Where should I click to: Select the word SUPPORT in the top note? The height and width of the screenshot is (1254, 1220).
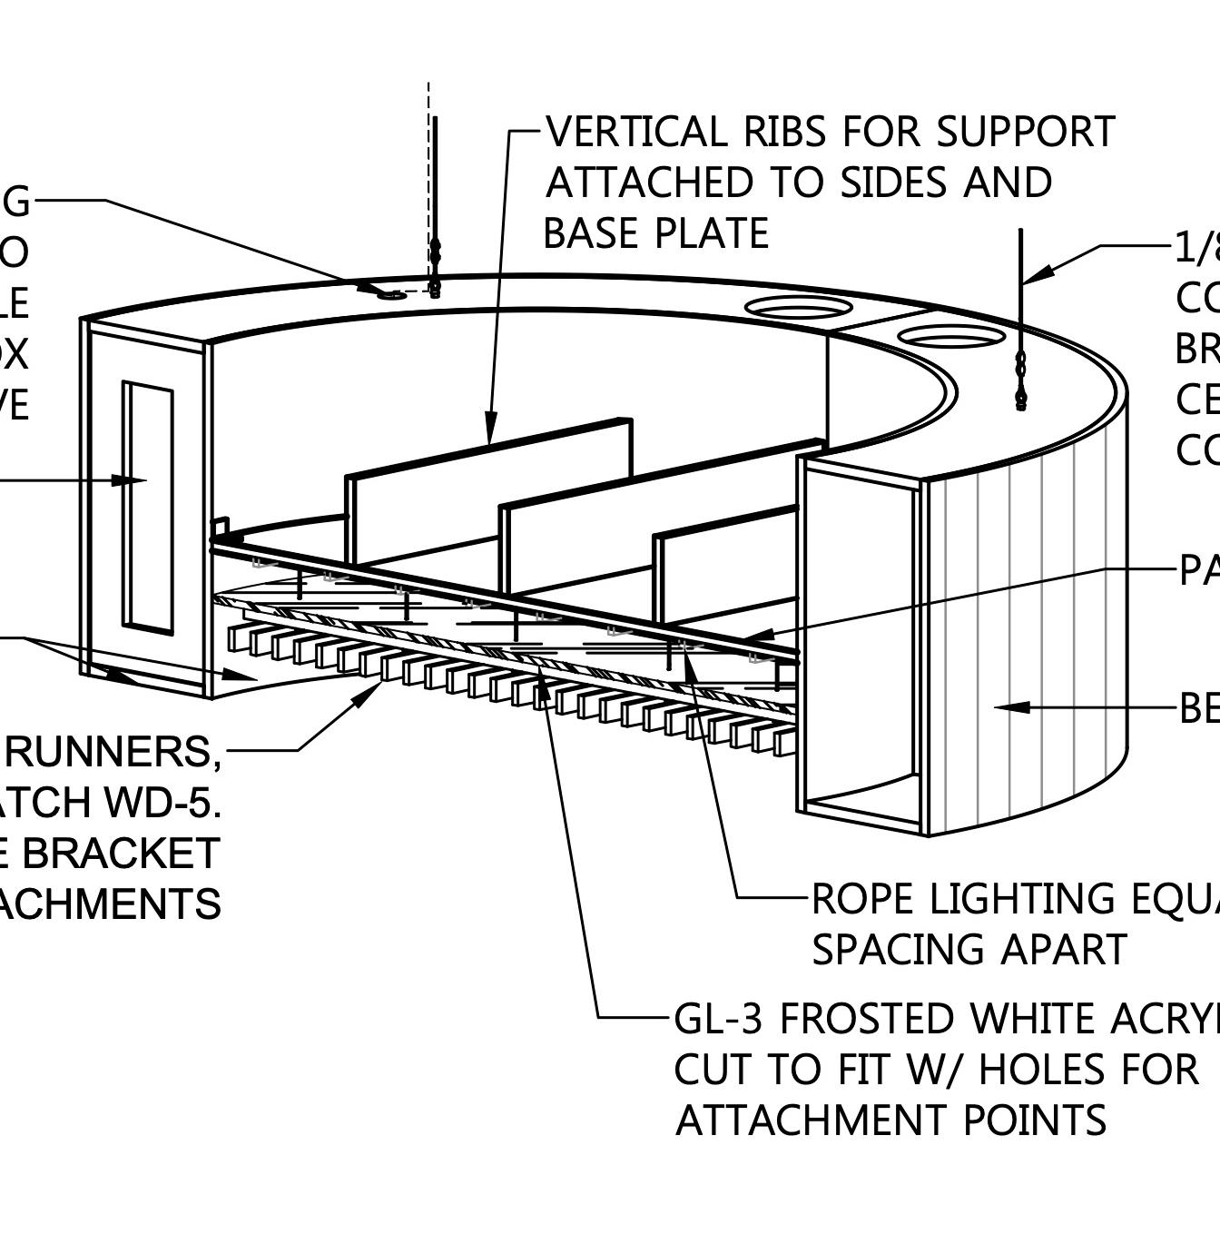pyautogui.click(x=1025, y=133)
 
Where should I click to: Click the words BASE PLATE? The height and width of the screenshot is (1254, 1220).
pyautogui.click(x=655, y=234)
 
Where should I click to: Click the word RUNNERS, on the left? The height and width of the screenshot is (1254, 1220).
pyautogui.click(x=113, y=752)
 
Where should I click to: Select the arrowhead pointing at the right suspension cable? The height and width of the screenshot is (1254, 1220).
pyautogui.click(x=1040, y=272)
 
